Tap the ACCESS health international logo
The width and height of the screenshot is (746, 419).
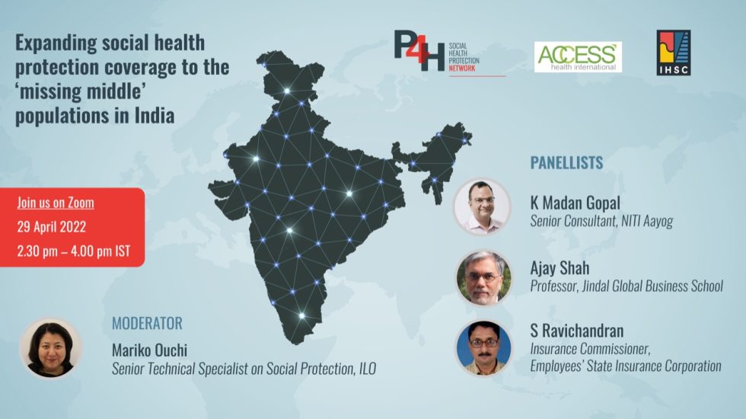point(578,57)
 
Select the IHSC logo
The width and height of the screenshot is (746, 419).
point(674,53)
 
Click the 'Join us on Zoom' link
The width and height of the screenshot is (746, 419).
point(56,203)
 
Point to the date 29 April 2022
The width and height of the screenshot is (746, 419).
point(52,227)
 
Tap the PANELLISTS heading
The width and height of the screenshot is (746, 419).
point(566,162)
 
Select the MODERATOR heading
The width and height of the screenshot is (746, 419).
point(147,323)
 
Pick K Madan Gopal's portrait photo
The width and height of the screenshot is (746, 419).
point(482,206)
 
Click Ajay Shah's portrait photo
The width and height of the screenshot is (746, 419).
point(483,277)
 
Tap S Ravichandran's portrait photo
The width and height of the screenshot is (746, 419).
point(483,347)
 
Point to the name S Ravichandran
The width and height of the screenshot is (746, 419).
point(577,331)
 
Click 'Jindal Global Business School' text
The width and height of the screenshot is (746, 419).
point(652,286)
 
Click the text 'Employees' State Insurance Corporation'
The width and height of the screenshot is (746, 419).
point(626,366)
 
